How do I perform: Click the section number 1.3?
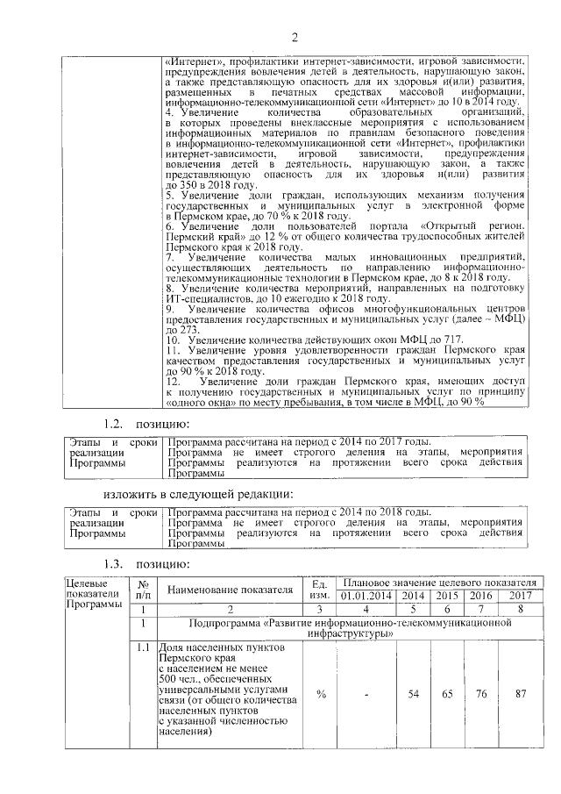coord(117,562)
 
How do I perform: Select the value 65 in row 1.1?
coord(442,694)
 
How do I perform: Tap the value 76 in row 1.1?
coord(479,694)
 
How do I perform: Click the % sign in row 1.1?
coord(321,694)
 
